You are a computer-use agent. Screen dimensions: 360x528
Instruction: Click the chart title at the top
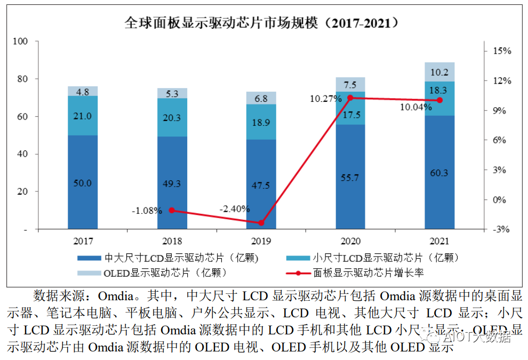(263, 23)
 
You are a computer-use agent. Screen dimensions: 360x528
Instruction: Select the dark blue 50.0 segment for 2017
(83, 182)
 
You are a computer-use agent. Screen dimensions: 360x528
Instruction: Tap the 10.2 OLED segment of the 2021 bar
(439, 72)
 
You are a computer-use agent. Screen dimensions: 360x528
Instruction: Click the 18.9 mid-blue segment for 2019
(261, 122)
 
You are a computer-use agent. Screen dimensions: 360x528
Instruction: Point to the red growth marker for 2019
(261, 223)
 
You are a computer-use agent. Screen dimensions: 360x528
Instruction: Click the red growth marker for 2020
(350, 98)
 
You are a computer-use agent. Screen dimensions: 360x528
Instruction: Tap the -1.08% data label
(147, 210)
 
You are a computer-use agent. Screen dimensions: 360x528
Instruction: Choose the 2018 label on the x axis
(172, 241)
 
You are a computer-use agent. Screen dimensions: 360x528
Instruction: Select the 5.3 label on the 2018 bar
(172, 94)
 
